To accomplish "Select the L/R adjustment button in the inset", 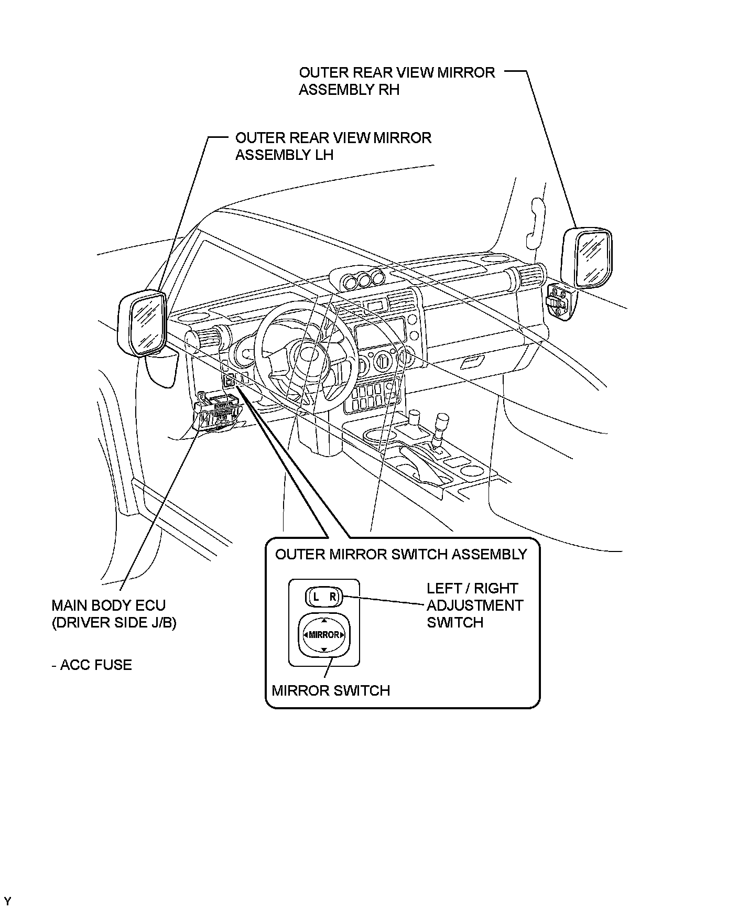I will click(x=323, y=596).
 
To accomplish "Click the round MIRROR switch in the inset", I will click(x=324, y=634).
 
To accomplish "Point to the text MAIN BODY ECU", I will click(x=108, y=605).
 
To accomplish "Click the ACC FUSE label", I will click(x=92, y=665).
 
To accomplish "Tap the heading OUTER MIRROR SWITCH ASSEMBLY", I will click(x=401, y=554).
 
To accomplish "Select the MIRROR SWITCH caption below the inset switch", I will click(x=331, y=690).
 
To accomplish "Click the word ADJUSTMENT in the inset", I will click(x=475, y=605).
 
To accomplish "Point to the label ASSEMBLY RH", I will click(x=349, y=90).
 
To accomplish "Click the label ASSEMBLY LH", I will click(x=285, y=155).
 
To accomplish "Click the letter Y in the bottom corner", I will click(x=7, y=901).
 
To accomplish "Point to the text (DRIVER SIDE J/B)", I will click(x=114, y=623).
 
